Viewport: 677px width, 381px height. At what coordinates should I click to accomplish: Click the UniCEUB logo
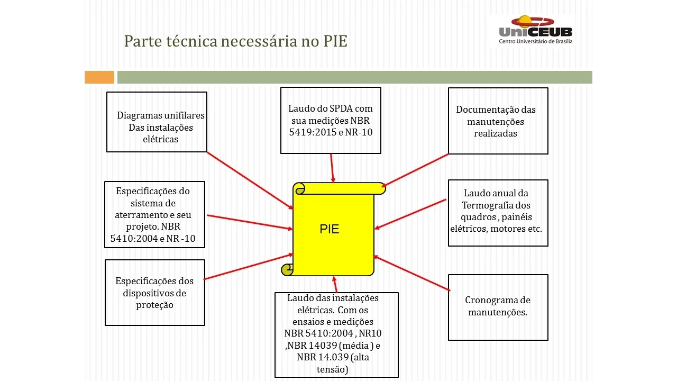click(535, 30)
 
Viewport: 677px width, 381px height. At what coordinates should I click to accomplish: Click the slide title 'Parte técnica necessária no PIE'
click(235, 41)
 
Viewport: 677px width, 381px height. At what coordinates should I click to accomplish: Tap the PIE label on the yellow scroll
click(330, 229)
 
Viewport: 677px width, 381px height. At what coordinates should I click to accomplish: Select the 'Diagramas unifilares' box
click(157, 122)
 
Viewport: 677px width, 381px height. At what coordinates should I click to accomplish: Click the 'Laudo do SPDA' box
click(331, 121)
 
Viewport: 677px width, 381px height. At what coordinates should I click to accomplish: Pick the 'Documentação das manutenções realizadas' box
click(498, 121)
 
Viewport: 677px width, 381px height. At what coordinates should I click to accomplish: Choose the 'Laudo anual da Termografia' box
click(498, 213)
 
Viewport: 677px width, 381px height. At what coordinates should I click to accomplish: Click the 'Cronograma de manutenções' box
click(498, 307)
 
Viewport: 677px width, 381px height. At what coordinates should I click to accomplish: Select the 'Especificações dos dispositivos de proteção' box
click(154, 293)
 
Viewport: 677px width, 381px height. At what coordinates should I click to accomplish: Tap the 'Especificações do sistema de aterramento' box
click(154, 214)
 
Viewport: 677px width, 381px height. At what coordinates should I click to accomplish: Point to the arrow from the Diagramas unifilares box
click(250, 180)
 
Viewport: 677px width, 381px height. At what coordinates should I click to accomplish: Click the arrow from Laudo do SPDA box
click(332, 168)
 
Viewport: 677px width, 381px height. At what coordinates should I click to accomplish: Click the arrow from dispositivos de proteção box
click(248, 267)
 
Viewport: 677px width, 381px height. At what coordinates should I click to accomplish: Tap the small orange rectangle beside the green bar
click(99, 77)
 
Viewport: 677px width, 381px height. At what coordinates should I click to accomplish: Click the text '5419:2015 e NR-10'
click(331, 132)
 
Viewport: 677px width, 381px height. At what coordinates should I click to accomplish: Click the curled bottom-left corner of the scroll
click(287, 269)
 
